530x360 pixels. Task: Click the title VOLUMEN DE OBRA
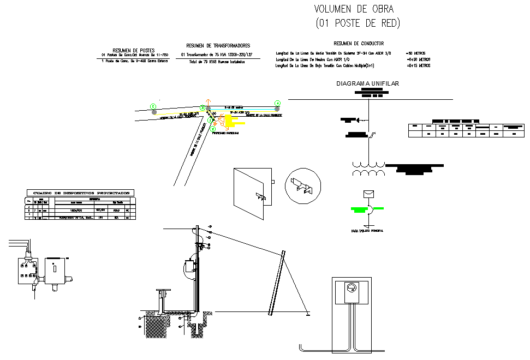pyautogui.click(x=354, y=9)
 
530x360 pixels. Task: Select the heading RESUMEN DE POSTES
pyautogui.click(x=133, y=50)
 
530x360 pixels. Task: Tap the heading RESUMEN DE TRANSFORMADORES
pyautogui.click(x=218, y=46)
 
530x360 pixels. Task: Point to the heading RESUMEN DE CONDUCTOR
pyautogui.click(x=358, y=43)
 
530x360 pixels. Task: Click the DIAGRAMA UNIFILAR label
pyautogui.click(x=368, y=83)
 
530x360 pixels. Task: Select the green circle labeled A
pyautogui.click(x=277, y=103)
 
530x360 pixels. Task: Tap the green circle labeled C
pyautogui.click(x=153, y=106)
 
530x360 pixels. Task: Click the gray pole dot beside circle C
pyautogui.click(x=154, y=112)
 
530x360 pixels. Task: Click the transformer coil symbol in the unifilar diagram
pyautogui.click(x=368, y=169)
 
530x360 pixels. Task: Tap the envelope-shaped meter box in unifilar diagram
pyautogui.click(x=368, y=194)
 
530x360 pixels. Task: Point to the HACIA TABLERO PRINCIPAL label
pyautogui.click(x=367, y=231)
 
